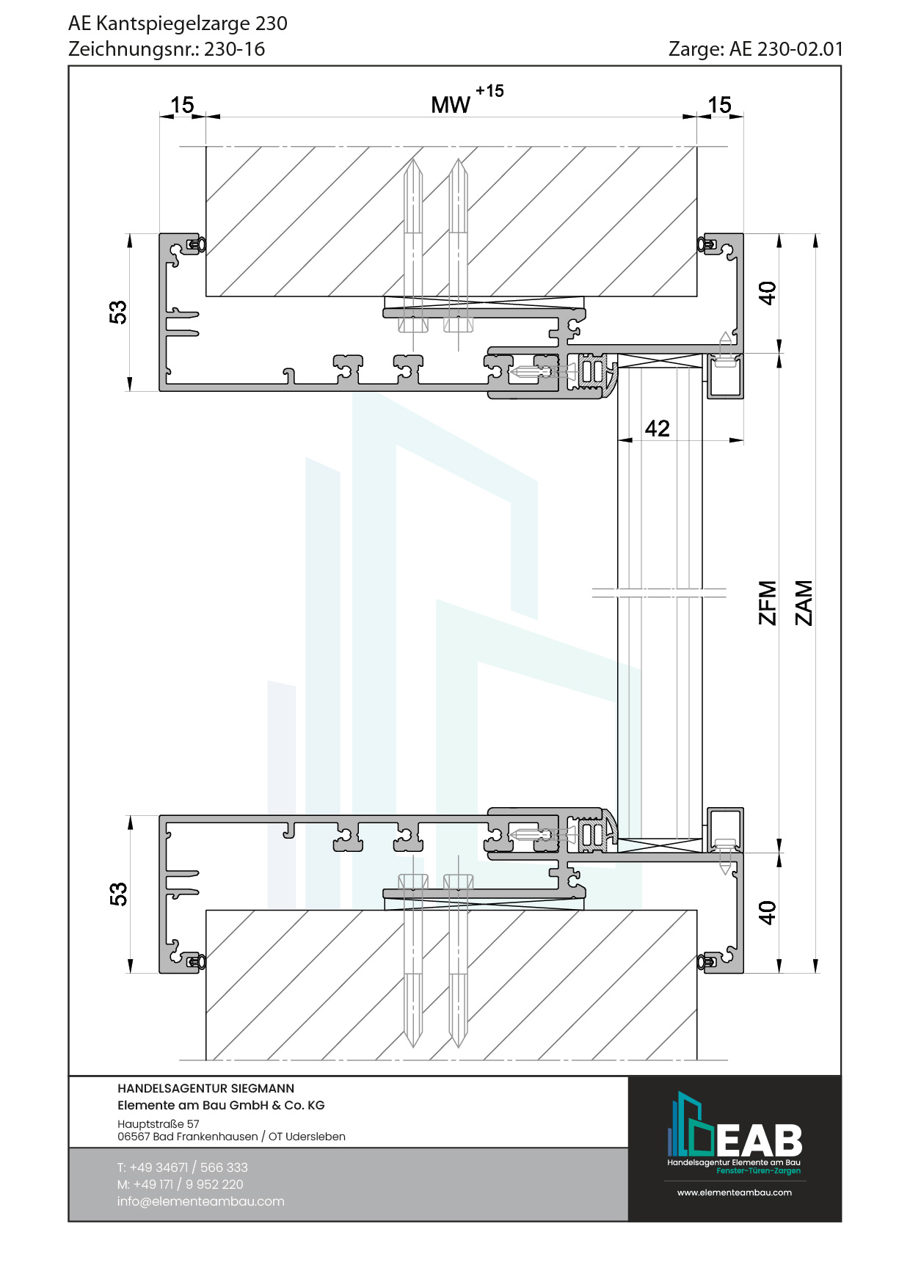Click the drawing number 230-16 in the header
pos(234,49)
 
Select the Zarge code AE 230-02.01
pos(786,49)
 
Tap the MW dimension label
pos(450,105)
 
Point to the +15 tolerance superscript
pos(489,91)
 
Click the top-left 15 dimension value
pos(182,105)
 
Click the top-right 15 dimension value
pos(719,105)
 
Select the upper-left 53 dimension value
pos(118,312)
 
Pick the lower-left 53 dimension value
pos(118,894)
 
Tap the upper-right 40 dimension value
pos(767,293)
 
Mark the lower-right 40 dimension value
pos(767,912)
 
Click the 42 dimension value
pos(658,429)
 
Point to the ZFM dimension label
pos(767,603)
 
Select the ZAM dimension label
pos(804,603)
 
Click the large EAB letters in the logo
pos(759,1140)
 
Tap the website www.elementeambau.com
pos(734,1192)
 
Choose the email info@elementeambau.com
pos(200,1201)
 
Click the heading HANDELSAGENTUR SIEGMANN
pos(205,1089)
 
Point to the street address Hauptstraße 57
pos(159,1124)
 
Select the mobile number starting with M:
pos(180,1184)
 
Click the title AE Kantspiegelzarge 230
pos(178,23)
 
